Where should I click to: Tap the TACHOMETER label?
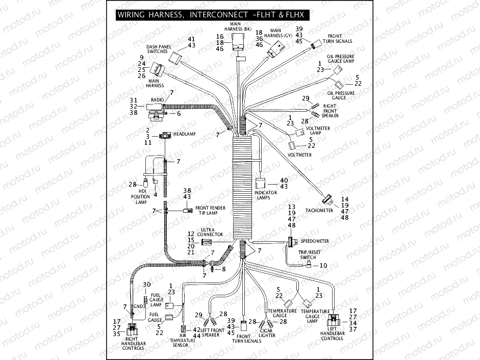pyautogui.click(x=319, y=210)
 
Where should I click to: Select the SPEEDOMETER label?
pyautogui.click(x=315, y=241)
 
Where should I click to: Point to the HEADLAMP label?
pyautogui.click(x=184, y=134)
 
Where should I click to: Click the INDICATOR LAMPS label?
pyautogui.click(x=265, y=195)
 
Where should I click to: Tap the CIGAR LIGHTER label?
pyautogui.click(x=267, y=332)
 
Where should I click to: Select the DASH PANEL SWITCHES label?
pyautogui.click(x=158, y=49)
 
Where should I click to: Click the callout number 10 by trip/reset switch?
pyautogui.click(x=323, y=266)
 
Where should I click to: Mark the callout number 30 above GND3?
pyautogui.click(x=146, y=284)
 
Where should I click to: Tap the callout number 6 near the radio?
pyautogui.click(x=179, y=114)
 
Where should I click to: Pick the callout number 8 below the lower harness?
pyautogui.click(x=223, y=269)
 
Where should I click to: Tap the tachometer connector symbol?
pyautogui.click(x=326, y=198)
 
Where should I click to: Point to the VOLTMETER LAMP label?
pyautogui.click(x=320, y=131)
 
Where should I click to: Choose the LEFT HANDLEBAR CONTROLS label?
pyautogui.click(x=332, y=336)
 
